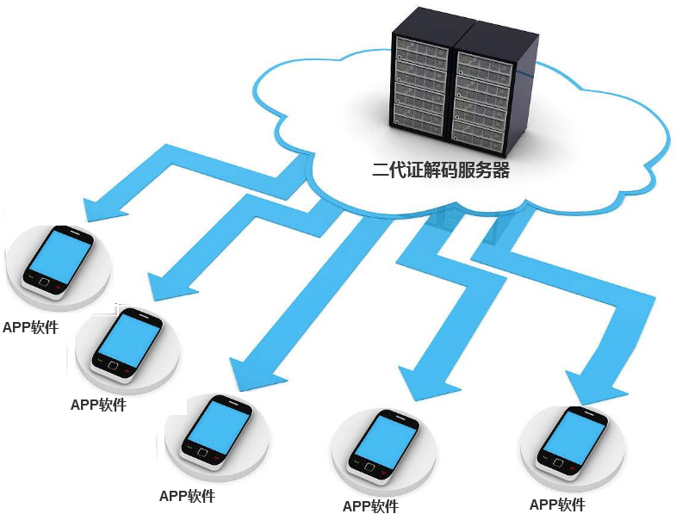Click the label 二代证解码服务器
click(x=441, y=170)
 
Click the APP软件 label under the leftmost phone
click(x=30, y=327)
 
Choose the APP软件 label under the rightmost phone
click(x=557, y=504)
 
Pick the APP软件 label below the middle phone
click(x=187, y=496)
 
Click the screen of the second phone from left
click(x=130, y=339)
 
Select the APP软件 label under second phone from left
click(x=98, y=405)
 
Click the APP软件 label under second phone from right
click(x=371, y=505)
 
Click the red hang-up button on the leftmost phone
click(x=59, y=287)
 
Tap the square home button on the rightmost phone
click(x=559, y=462)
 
